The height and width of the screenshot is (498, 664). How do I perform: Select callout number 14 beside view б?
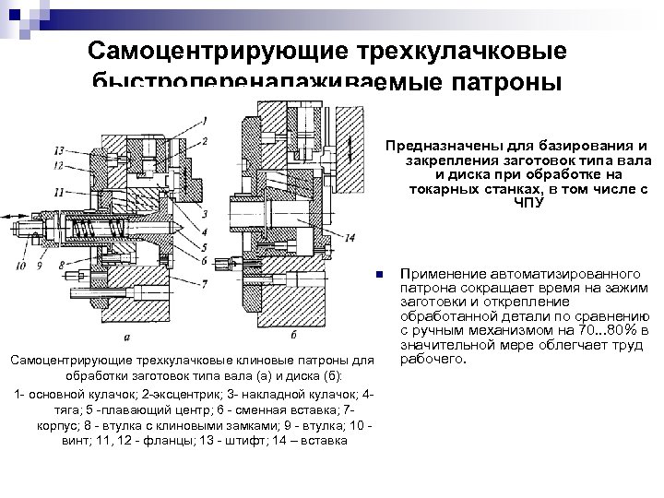pyautogui.click(x=350, y=237)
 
